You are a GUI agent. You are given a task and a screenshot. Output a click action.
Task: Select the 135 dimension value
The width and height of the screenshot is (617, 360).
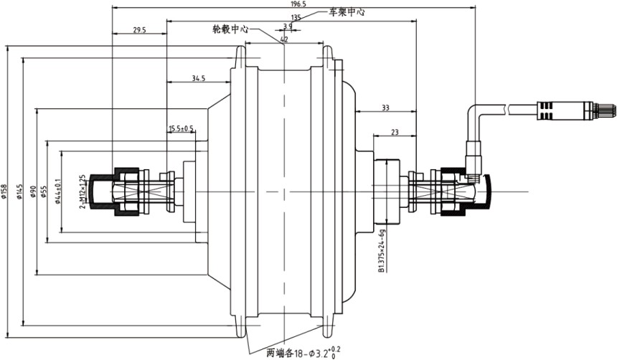[295, 17]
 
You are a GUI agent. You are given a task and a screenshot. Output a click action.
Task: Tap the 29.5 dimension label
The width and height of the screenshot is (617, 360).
[139, 30]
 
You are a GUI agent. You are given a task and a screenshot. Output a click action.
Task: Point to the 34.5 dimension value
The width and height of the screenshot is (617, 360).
[199, 77]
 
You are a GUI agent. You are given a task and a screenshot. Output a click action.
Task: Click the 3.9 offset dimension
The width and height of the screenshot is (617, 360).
[288, 27]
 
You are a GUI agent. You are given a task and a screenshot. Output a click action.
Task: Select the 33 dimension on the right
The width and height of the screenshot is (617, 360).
[385, 108]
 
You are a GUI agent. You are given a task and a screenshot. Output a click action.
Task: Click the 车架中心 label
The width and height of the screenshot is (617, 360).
[347, 12]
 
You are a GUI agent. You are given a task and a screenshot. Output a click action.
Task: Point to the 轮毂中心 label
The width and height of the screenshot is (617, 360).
[230, 29]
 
